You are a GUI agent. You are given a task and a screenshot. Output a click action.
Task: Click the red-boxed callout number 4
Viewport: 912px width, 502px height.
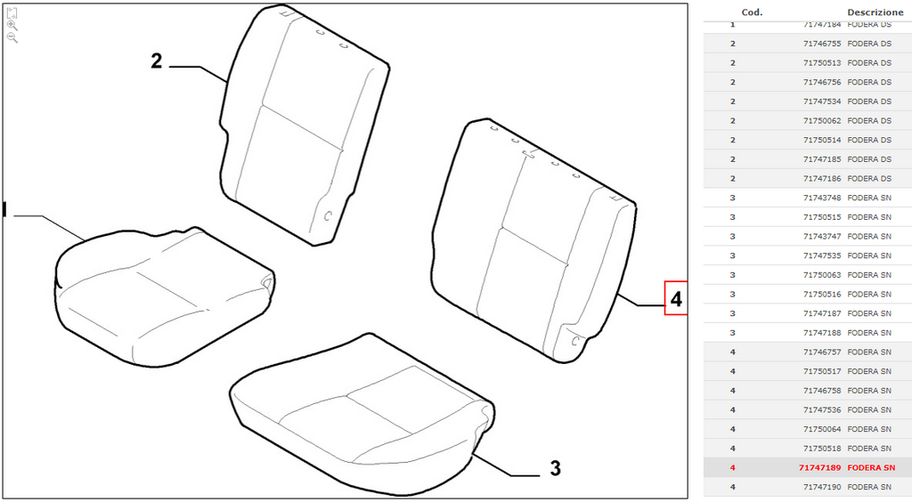point(676,299)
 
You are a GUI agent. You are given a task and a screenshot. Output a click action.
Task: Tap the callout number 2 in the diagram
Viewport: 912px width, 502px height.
point(157,61)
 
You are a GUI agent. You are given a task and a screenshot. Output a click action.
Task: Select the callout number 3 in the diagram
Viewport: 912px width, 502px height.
point(556,467)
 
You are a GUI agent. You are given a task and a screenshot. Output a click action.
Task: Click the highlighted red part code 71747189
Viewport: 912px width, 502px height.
point(819,467)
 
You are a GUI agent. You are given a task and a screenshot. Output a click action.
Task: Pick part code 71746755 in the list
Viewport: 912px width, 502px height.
point(822,44)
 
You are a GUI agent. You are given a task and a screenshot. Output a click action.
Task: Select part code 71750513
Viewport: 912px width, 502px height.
point(822,62)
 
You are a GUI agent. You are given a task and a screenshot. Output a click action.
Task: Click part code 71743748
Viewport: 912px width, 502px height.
point(822,198)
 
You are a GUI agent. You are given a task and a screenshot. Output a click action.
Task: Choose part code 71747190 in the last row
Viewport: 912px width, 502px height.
point(822,487)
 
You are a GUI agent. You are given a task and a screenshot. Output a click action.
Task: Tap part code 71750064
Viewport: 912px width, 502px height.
point(822,429)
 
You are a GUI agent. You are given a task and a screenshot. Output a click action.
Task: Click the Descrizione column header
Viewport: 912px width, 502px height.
point(875,12)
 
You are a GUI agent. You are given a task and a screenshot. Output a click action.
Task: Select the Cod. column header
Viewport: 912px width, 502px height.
point(752,12)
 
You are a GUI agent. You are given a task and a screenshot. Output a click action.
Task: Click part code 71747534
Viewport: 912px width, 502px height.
point(822,101)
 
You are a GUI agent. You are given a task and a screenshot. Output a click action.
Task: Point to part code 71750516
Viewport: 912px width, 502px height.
point(822,294)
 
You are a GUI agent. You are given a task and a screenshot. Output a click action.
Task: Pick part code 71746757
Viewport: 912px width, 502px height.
point(822,352)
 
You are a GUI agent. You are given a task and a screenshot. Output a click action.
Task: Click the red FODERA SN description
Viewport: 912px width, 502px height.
point(871,467)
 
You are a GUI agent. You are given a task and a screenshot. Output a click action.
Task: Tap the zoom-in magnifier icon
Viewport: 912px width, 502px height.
point(12,26)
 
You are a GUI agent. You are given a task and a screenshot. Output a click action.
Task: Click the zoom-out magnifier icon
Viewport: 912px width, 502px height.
point(12,37)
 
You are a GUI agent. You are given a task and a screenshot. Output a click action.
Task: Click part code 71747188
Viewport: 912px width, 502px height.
point(822,332)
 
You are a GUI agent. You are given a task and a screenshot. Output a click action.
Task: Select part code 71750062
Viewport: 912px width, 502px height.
point(822,120)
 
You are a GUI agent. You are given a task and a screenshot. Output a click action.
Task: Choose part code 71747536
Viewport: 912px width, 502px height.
point(822,409)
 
